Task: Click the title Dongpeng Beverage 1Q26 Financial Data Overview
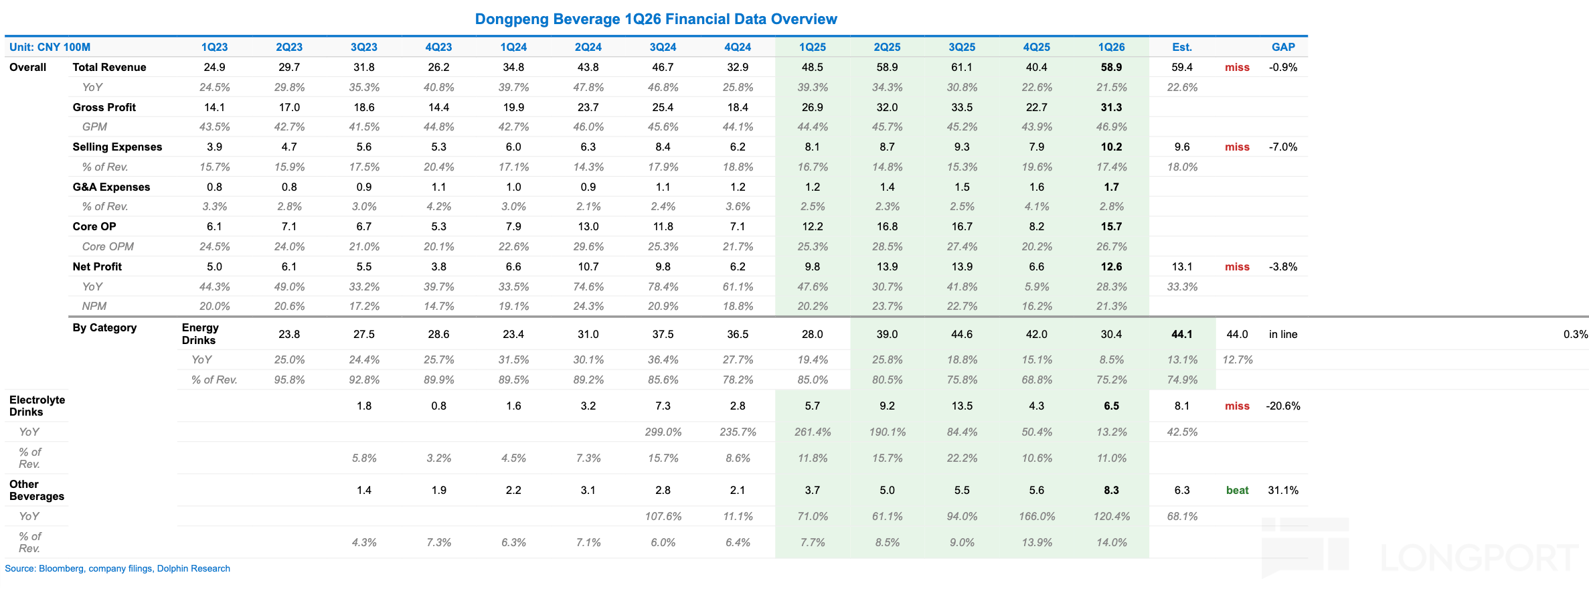(656, 19)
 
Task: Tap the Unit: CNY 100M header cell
(50, 47)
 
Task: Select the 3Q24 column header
(663, 47)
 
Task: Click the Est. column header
(1182, 47)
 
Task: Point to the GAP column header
(1283, 47)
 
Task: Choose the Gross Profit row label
(104, 107)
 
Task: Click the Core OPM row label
(108, 246)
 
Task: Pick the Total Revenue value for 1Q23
(214, 67)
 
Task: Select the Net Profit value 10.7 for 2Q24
(588, 266)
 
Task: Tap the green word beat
(1237, 490)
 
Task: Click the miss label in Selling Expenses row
(1237, 147)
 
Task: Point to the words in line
(1283, 334)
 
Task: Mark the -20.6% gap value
(1283, 406)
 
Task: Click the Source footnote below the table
(117, 568)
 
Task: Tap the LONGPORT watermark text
(1479, 558)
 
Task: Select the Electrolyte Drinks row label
(37, 406)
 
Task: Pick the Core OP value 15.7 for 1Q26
(1111, 226)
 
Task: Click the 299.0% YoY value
(663, 432)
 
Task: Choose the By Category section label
(104, 327)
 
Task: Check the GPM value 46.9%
(1111, 127)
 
